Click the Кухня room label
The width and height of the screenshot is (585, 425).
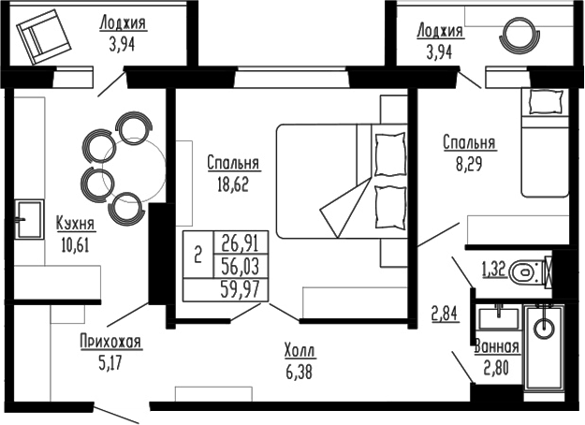coord(74,225)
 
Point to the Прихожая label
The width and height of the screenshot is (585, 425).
coord(110,343)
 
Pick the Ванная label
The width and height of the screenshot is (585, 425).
coord(496,346)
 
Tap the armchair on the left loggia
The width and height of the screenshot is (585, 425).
coord(41,39)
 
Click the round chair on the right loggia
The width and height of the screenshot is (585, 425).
coord(517,37)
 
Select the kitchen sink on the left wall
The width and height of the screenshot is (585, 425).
coord(27,219)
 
